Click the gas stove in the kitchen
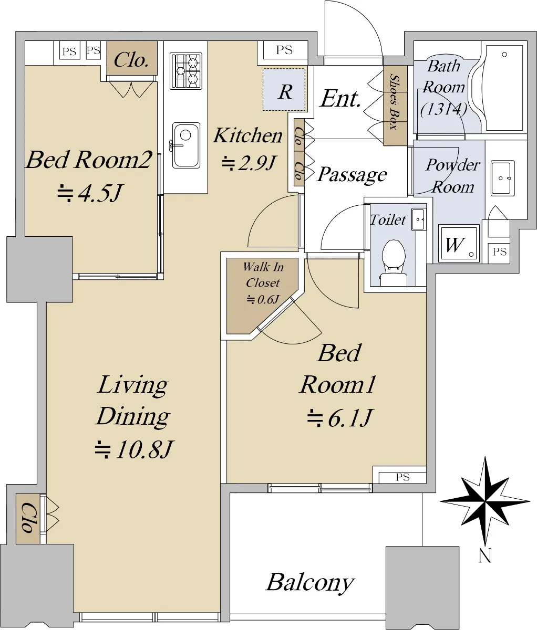tap(186, 71)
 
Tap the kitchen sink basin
tap(186, 145)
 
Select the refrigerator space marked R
tap(284, 90)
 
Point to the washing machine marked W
tap(459, 244)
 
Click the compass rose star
tap(485, 501)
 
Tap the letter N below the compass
tap(485, 555)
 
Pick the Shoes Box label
tap(395, 102)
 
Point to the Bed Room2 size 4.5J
tap(90, 193)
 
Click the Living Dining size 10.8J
tap(133, 449)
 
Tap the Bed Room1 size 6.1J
tap(339, 417)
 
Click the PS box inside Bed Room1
tap(402, 477)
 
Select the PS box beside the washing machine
tap(499, 252)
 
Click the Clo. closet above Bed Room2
tap(131, 58)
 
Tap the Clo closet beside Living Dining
tap(28, 518)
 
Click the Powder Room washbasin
tap(503, 178)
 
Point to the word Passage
tap(352, 175)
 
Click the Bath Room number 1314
tap(443, 109)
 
